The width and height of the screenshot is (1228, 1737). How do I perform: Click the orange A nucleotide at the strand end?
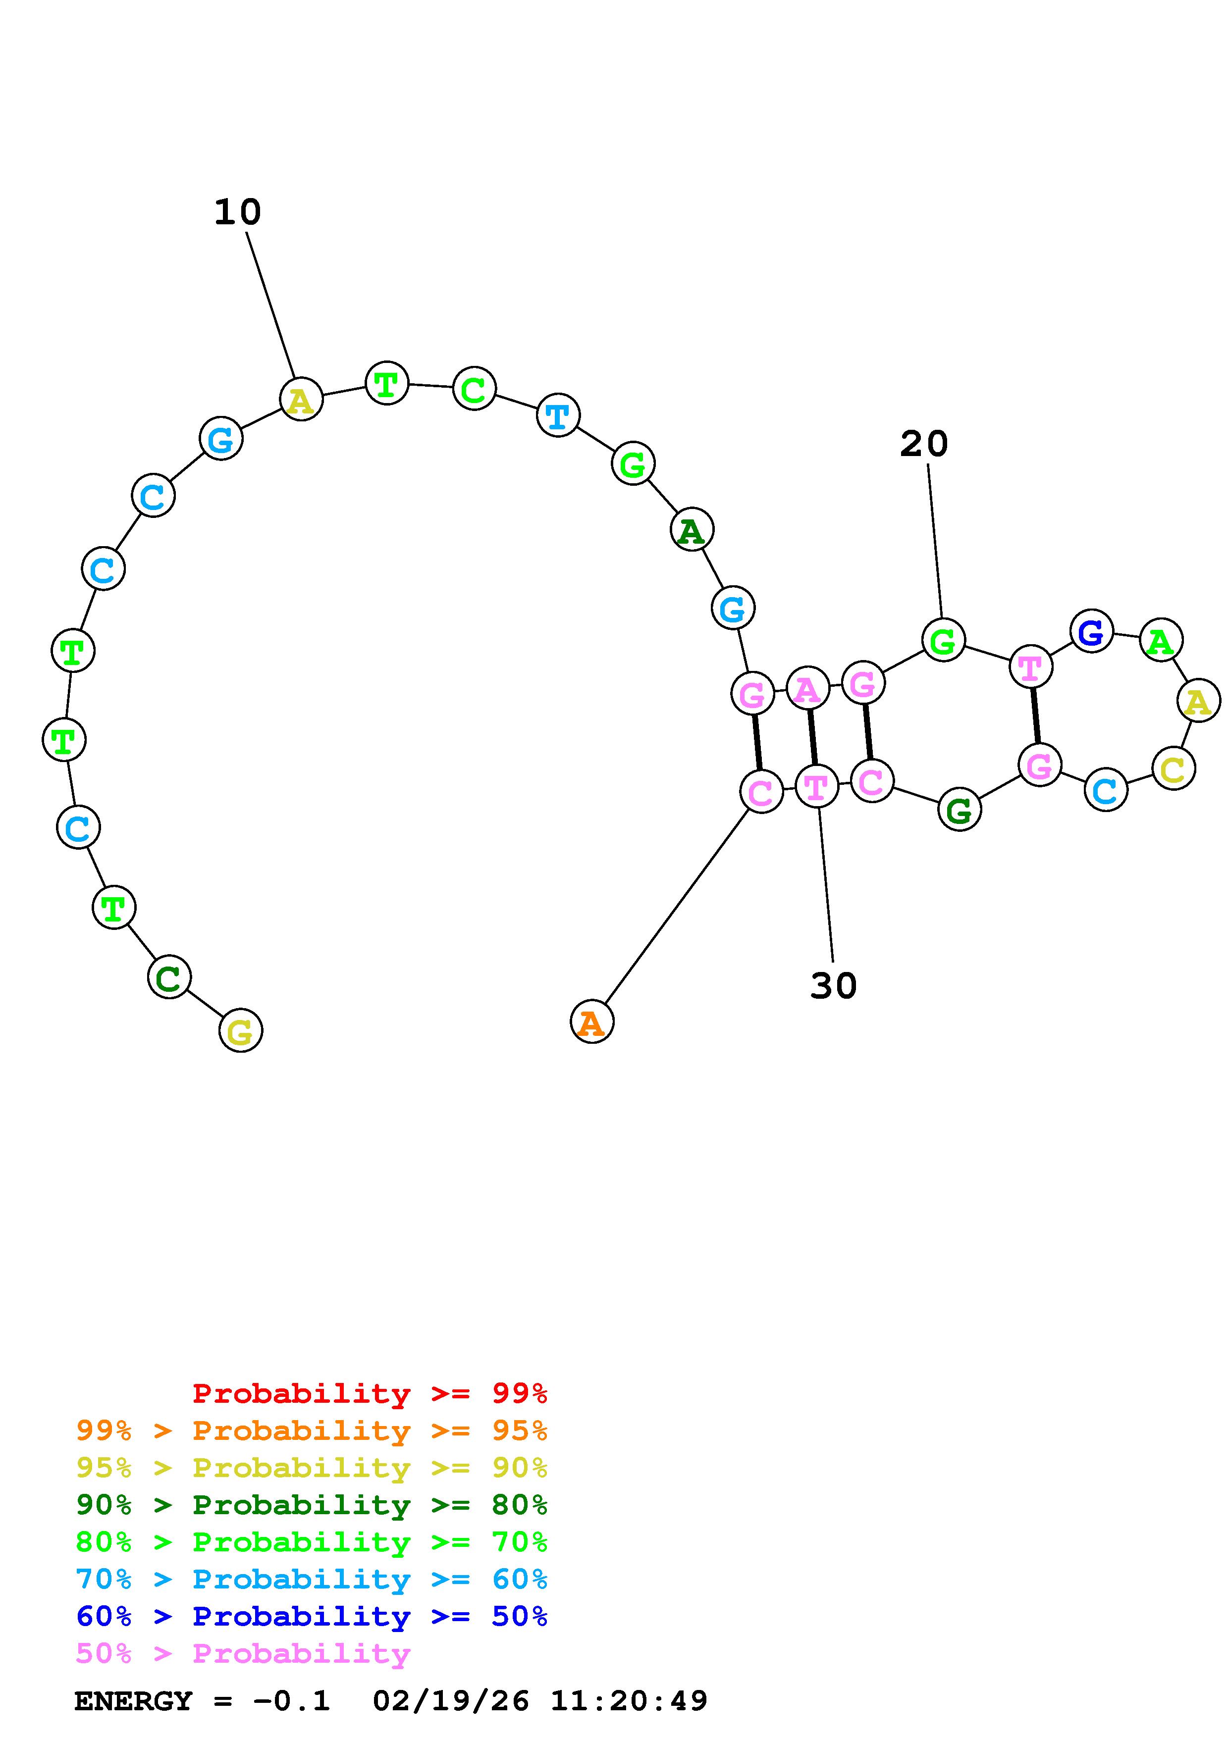(591, 1022)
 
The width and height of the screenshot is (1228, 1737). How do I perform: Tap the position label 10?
(238, 212)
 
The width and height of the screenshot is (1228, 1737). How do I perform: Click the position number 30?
(833, 986)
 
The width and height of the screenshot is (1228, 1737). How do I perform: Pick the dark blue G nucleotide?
(1091, 630)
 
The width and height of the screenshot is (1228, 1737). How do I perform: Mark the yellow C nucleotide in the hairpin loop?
(1173, 768)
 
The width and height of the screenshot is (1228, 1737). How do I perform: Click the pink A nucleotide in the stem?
(808, 688)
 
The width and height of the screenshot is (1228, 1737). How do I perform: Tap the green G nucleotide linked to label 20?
(943, 640)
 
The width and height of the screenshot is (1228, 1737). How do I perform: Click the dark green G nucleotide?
(960, 810)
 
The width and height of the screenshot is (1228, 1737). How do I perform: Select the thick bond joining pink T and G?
(1036, 715)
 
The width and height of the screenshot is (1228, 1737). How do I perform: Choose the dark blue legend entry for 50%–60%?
(312, 1616)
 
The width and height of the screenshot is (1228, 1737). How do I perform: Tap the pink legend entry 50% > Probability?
(244, 1653)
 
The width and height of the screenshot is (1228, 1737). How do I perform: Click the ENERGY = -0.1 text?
(202, 1701)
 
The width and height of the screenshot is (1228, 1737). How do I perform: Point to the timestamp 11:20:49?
(629, 1701)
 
